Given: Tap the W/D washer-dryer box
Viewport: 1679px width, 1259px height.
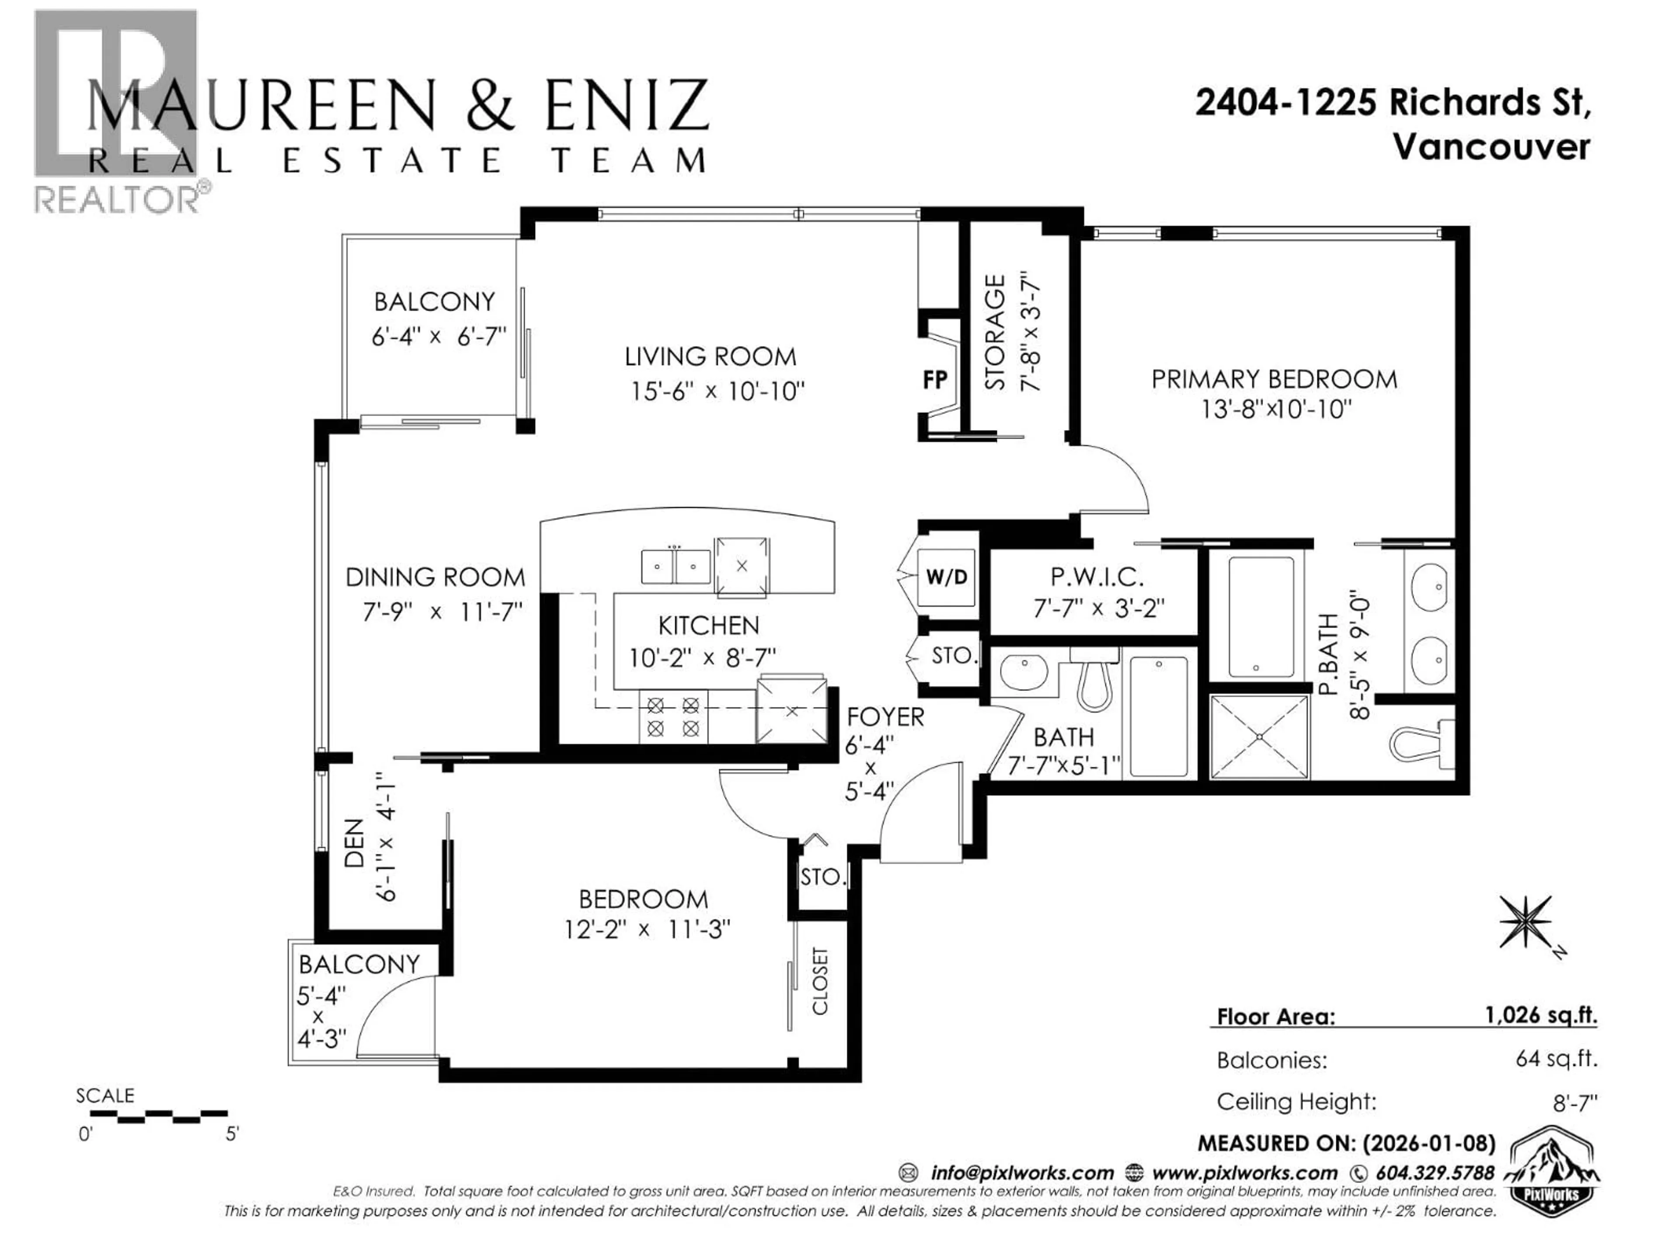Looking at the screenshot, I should point(947,577).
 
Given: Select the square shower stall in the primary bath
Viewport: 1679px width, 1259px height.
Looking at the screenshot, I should point(1259,736).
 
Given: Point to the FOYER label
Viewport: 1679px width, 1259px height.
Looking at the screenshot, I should point(885,716).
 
